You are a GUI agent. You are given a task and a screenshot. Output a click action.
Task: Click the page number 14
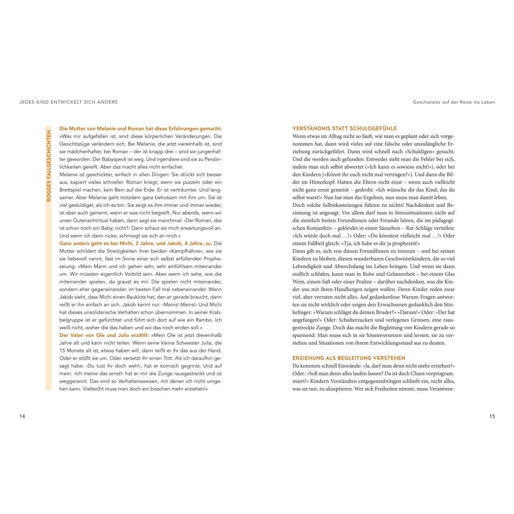click(x=22, y=416)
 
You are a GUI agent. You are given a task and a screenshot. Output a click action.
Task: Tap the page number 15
click(x=492, y=416)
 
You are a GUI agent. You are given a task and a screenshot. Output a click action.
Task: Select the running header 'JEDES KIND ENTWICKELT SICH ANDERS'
click(x=68, y=102)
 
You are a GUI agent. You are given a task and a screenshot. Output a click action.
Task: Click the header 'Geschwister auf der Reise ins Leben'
click(x=454, y=102)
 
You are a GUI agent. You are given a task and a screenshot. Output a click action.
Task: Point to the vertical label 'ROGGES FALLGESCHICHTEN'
click(x=49, y=166)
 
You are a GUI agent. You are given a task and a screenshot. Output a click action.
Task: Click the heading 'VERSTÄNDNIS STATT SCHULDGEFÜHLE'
click(x=344, y=128)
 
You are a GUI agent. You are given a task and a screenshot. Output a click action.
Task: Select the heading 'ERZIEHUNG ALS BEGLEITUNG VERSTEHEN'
click(x=349, y=358)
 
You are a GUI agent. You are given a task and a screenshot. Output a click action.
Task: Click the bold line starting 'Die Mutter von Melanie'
click(x=141, y=128)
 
